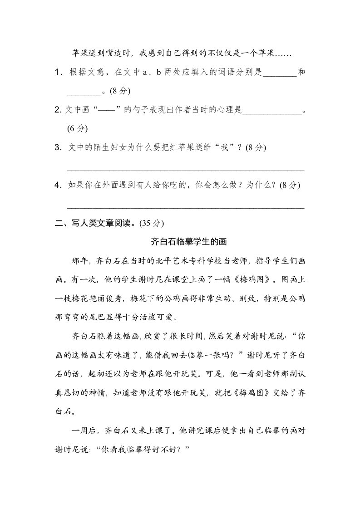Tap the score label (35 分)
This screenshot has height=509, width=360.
[x=148, y=223]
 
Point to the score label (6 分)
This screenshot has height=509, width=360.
[x=77, y=128]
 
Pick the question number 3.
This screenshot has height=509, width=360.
[x=57, y=147]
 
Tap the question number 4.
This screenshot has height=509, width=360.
[x=57, y=185]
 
